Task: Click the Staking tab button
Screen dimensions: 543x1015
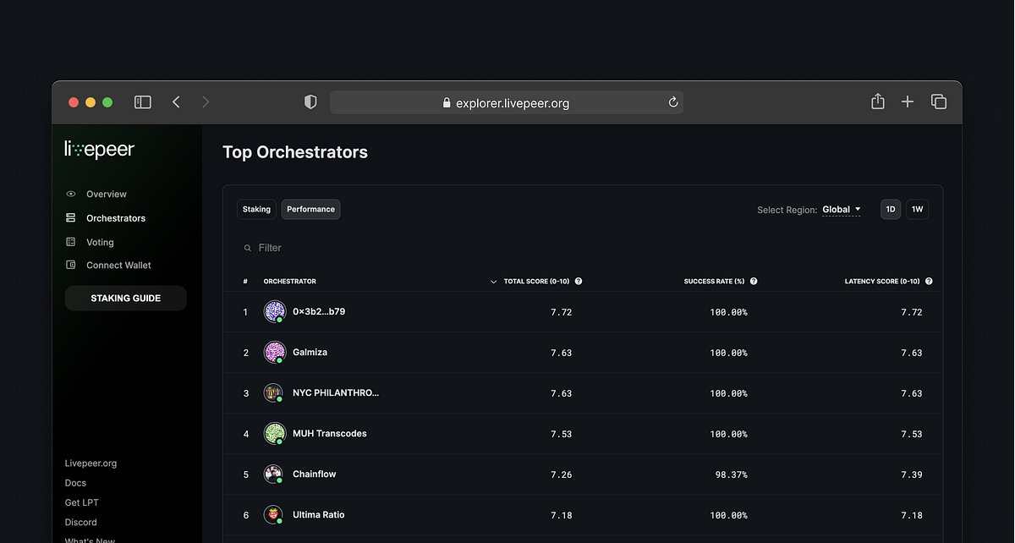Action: [256, 209]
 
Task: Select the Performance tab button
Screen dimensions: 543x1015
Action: [310, 209]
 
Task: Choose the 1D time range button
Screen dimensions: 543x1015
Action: [890, 209]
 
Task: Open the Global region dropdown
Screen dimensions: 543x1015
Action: [841, 210]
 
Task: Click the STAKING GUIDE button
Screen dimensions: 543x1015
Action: [125, 299]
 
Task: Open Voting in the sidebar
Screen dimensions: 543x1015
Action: [100, 242]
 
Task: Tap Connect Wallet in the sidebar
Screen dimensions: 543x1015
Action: [118, 266]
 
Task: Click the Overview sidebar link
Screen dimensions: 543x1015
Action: [106, 195]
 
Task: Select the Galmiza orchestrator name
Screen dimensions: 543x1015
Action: [310, 353]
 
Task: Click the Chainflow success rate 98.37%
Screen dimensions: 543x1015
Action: [731, 474]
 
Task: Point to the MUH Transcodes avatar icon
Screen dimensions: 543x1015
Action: [273, 434]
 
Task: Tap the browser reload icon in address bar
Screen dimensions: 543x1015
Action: [673, 102]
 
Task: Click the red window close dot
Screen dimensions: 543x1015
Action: [74, 102]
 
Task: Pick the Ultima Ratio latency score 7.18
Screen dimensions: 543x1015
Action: [911, 515]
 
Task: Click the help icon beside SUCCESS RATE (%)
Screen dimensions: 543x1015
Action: [754, 282]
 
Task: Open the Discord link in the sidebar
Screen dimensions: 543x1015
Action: [81, 523]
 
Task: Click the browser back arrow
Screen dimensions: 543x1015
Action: [176, 102]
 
